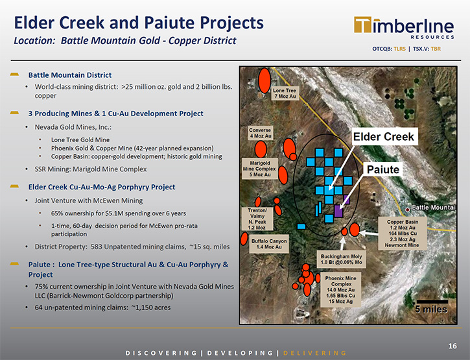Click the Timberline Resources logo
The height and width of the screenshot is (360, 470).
pos(404,28)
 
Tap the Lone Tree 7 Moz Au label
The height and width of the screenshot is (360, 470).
pos(285,93)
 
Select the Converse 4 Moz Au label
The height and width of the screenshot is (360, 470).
pos(260,133)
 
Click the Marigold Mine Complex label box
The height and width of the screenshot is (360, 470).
pos(260,169)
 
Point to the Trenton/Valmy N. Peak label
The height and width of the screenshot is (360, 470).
pos(257,219)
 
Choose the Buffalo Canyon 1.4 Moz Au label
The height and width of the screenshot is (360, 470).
pos(269,244)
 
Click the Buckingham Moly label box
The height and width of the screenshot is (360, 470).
pos(342,259)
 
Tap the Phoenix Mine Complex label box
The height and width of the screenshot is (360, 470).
pos(340,290)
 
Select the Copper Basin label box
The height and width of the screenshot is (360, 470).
pos(403,234)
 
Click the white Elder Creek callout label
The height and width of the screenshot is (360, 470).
pos(384,137)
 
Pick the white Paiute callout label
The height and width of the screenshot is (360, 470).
pos(382,169)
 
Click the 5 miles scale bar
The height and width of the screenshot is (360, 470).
pos(432,302)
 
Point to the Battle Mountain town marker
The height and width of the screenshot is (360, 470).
pos(407,210)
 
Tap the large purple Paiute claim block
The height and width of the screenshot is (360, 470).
pos(338,211)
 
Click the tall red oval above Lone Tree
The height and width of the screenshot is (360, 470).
pos(264,80)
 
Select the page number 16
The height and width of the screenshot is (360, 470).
pos(452,346)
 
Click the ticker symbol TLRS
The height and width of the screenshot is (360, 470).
pos(399,49)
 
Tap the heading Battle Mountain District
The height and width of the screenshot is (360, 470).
pos(70,75)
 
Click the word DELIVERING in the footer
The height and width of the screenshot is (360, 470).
pos(314,353)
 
